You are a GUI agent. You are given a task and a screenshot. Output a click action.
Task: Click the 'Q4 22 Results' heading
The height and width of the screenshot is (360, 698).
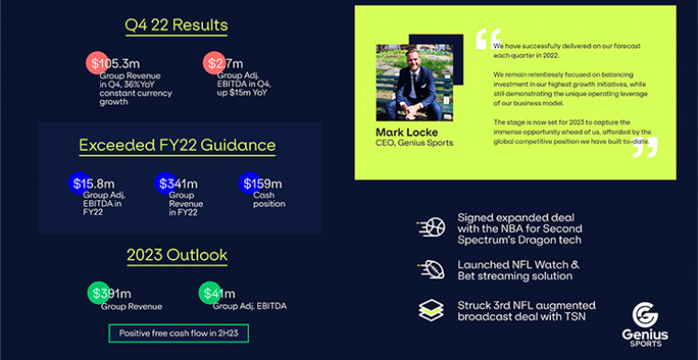point(176,25)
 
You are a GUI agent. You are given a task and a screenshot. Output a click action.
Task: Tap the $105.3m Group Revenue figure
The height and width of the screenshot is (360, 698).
point(118,62)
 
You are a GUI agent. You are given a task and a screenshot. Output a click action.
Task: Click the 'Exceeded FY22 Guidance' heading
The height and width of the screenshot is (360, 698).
point(177,145)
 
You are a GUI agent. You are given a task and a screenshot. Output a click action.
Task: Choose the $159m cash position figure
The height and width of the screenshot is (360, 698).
point(262,184)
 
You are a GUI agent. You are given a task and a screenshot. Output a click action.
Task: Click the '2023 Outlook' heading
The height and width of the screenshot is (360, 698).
point(176,254)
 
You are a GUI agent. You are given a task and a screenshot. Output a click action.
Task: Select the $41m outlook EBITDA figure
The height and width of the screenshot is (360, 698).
point(220,294)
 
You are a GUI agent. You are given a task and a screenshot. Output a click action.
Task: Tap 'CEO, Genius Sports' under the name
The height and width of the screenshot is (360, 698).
point(414,143)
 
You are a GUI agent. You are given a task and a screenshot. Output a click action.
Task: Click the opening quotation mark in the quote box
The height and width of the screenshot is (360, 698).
point(488,40)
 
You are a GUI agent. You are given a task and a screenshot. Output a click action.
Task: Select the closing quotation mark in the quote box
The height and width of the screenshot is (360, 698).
point(645,147)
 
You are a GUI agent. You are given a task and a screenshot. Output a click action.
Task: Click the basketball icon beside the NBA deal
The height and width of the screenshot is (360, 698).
point(430,228)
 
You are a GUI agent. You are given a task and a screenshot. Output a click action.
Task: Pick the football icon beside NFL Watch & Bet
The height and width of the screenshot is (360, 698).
point(430,270)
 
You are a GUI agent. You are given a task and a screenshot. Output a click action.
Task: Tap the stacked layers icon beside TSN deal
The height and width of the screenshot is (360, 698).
point(430,311)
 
